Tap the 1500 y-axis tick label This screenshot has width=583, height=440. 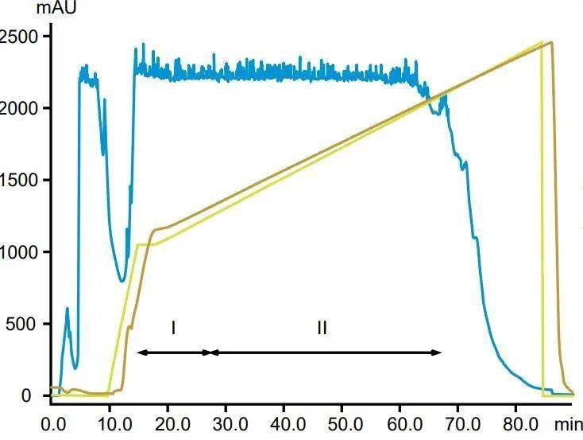[x=19, y=180]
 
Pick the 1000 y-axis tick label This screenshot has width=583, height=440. [x=19, y=252]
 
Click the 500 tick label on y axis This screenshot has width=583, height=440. [x=23, y=324]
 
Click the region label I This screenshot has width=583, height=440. [x=172, y=327]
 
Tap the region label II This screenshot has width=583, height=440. [x=322, y=327]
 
